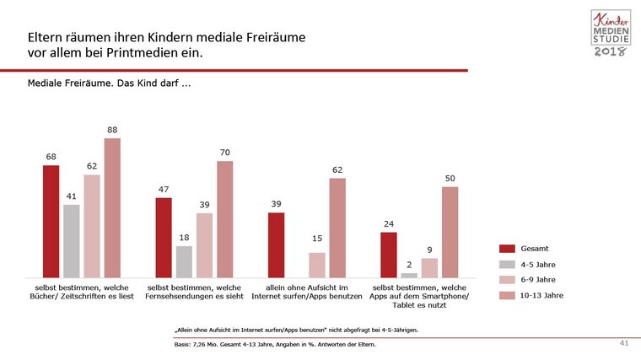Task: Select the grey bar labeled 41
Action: tap(71, 241)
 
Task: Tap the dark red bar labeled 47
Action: tap(164, 238)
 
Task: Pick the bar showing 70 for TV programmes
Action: tap(224, 219)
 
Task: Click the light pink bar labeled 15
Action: tap(316, 265)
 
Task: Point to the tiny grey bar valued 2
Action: tap(409, 275)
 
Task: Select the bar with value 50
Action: tap(450, 232)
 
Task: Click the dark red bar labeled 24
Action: tap(389, 255)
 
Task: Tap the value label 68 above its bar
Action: tap(51, 157)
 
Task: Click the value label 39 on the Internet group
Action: tap(276, 204)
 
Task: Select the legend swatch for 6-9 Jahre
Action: tap(507, 280)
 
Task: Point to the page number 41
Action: tap(624, 343)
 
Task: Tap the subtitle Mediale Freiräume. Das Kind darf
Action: tap(109, 85)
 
